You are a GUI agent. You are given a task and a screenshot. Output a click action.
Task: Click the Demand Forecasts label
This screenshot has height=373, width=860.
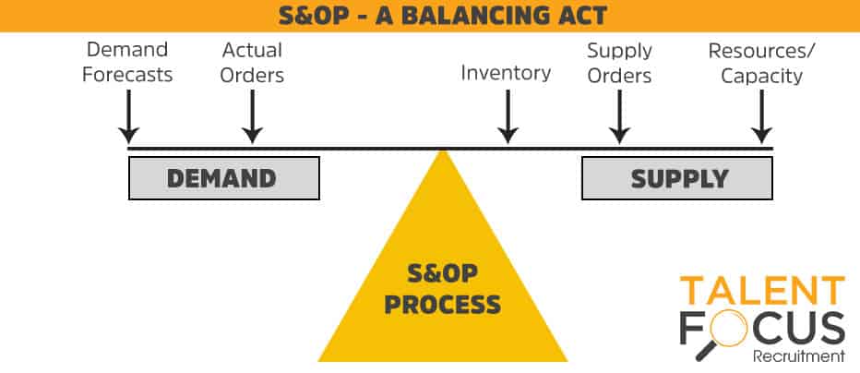pos(127,62)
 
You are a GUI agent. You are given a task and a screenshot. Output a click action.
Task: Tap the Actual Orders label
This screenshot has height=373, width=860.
pos(252,62)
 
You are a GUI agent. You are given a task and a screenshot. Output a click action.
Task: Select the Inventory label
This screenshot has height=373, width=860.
pos(506,73)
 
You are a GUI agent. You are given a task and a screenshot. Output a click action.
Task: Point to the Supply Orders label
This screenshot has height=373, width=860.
pos(619,63)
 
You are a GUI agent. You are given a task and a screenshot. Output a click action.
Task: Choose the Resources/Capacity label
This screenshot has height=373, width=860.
pos(762,63)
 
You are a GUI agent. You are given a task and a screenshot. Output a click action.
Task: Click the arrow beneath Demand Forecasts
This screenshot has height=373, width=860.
pos(128,116)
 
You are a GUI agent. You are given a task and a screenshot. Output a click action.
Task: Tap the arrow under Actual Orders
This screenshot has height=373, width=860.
pos(252,116)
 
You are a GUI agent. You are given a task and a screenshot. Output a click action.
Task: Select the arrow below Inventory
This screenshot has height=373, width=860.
pos(508,116)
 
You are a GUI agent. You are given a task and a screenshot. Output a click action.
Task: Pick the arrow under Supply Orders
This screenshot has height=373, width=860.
pos(619,116)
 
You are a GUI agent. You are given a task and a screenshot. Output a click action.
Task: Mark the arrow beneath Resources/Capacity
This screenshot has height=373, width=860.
pos(762,116)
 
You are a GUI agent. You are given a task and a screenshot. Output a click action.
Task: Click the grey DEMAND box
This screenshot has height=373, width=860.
pos(224,178)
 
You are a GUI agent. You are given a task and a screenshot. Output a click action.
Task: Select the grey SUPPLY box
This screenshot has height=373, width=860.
pos(677,178)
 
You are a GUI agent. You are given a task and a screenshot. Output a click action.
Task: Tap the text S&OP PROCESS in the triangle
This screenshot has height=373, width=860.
pos(443,289)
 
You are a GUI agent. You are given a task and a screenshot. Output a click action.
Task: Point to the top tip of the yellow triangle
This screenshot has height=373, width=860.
pos(443,150)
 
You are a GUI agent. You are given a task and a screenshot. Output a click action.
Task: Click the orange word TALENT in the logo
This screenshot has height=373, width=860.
pos(762,291)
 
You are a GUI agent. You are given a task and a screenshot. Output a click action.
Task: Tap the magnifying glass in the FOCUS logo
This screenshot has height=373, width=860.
pos(722,336)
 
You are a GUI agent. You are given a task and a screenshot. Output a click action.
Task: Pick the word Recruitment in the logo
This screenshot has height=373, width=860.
pos(799,356)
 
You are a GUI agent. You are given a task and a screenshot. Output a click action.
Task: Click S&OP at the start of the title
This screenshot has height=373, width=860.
pos(312,16)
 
